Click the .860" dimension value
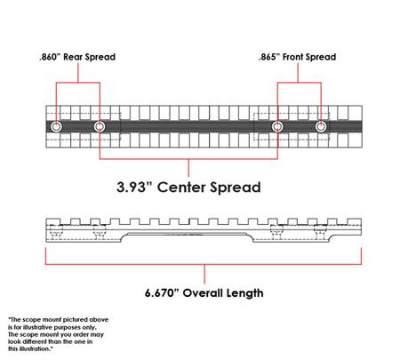click(50, 57)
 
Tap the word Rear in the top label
click(73, 57)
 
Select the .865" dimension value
click(269, 57)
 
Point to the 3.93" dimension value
click(134, 187)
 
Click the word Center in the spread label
click(181, 188)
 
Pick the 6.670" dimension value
click(162, 292)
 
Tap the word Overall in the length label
click(203, 292)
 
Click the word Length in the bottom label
click(244, 293)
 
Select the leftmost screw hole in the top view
click(56, 127)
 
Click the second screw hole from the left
click(100, 127)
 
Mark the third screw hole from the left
click(277, 127)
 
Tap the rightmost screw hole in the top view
click(321, 127)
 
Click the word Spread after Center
click(236, 188)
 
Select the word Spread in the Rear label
click(100, 57)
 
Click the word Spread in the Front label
click(321, 57)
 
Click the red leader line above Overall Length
click(204, 274)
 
